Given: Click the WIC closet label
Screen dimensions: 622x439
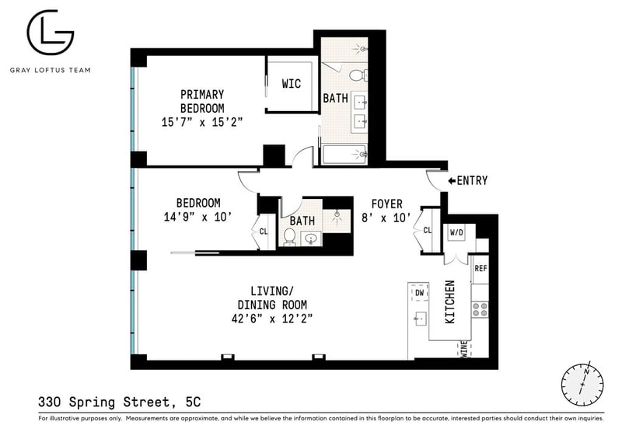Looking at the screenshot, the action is tap(291, 84).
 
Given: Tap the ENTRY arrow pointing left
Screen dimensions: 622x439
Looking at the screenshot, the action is tap(452, 181).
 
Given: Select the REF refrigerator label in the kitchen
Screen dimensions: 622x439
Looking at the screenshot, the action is tap(480, 269).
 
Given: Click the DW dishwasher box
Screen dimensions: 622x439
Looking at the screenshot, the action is tap(419, 293).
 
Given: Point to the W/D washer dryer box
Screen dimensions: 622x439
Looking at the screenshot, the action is tap(456, 232).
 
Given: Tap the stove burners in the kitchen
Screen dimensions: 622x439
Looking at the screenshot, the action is tap(480, 309).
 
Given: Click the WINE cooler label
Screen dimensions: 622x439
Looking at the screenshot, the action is tap(464, 350).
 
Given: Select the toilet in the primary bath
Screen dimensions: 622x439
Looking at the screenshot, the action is tap(358, 75).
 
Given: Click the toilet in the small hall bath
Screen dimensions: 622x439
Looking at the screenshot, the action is tap(289, 237).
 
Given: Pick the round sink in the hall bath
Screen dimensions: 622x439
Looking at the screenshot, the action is tap(311, 239).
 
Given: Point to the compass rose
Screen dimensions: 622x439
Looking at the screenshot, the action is tap(582, 384).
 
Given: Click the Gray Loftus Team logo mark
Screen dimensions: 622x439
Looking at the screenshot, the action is tap(50, 32).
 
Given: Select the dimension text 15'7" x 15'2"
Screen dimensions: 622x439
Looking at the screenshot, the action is tap(201, 122).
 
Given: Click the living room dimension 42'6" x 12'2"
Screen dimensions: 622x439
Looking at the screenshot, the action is tap(272, 319).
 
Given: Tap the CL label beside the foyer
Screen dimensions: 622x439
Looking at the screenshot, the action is tap(427, 230).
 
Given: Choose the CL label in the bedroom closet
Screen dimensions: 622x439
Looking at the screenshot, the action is tap(264, 232).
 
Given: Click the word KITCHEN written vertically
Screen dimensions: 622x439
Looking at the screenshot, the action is tap(450, 301).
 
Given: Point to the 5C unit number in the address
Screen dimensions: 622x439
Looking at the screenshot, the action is tap(193, 402).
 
